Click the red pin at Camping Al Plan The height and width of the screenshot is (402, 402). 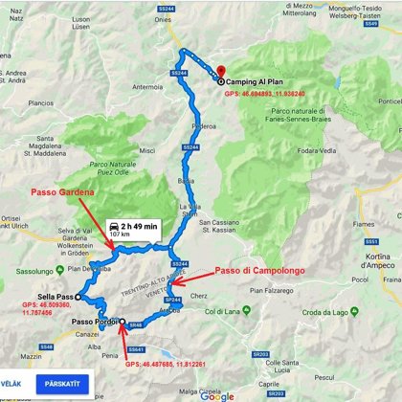pyautogui.click(x=221, y=71)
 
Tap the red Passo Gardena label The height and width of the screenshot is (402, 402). pyautogui.click(x=62, y=192)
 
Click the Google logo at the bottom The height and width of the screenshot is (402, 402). pyautogui.click(x=217, y=395)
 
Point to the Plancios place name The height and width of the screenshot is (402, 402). pyautogui.click(x=39, y=102)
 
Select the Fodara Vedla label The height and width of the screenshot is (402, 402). pyautogui.click(x=318, y=149)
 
